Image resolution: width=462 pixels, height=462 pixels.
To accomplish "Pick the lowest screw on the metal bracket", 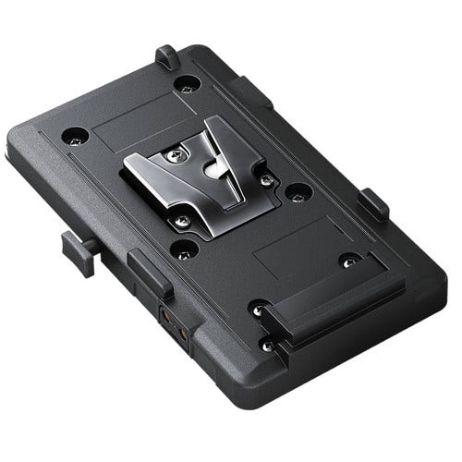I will point(184,220).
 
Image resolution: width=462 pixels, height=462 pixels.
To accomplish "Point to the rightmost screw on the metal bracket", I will point(265,177).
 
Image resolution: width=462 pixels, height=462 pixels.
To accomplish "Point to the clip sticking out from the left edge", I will point(73,246).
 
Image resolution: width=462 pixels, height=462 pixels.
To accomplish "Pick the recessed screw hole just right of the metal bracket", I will point(298,193).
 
